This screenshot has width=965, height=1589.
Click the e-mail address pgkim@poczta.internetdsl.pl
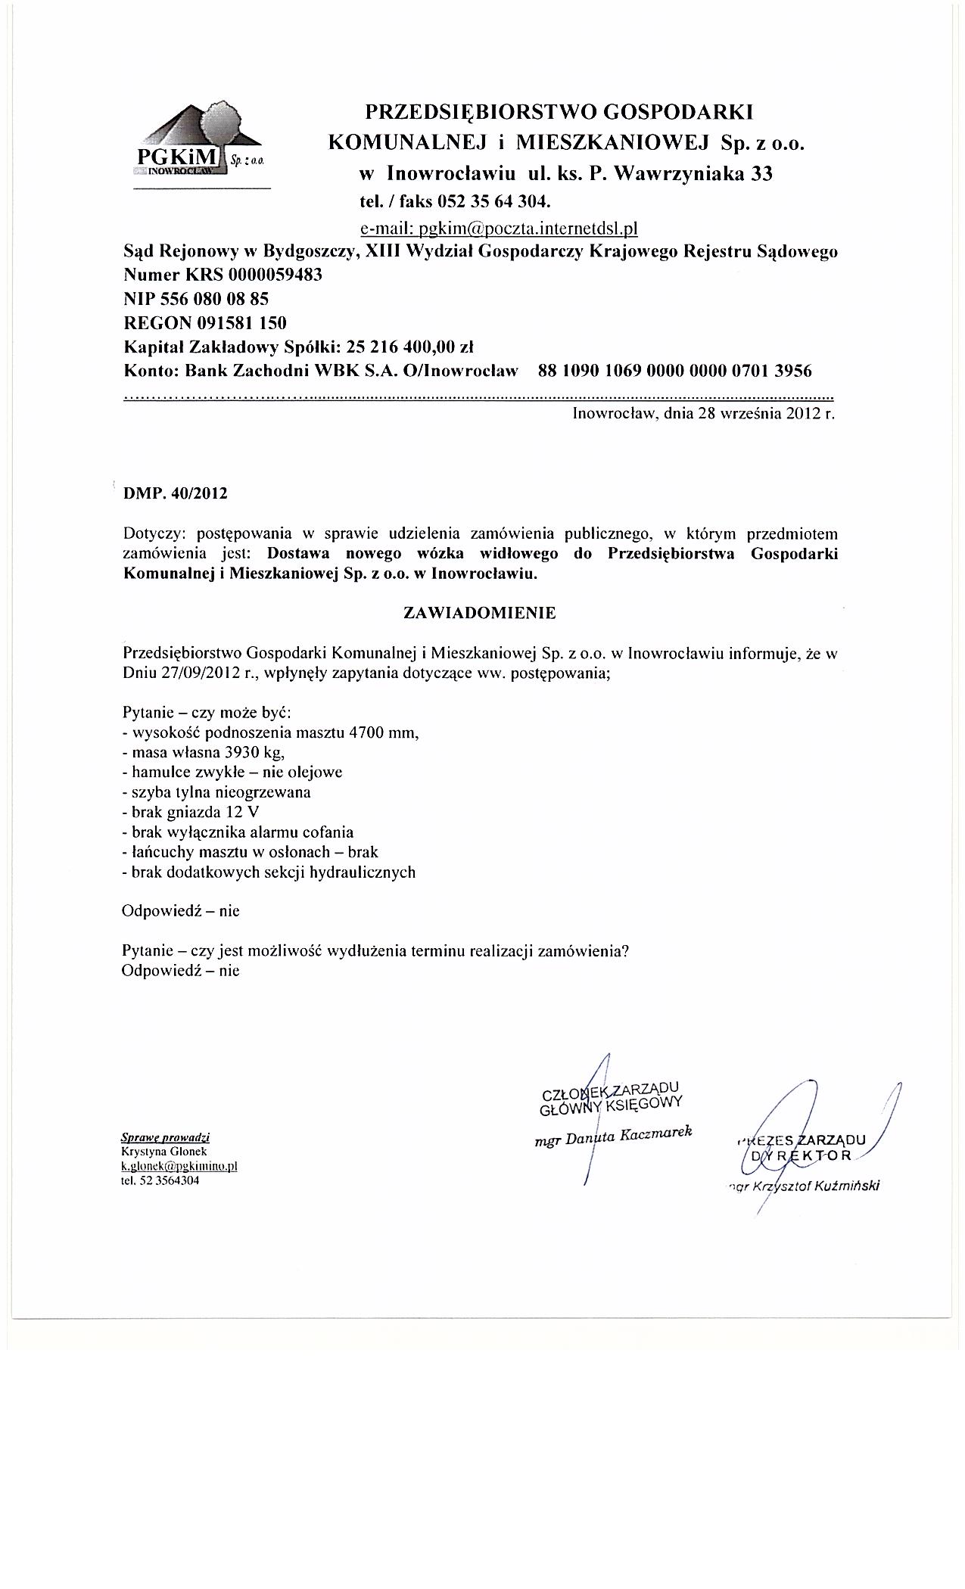pos(499,228)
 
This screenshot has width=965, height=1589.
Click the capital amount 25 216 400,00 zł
pos(409,347)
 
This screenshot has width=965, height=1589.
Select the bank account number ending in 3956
pos(674,371)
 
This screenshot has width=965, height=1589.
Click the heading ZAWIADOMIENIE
pos(480,613)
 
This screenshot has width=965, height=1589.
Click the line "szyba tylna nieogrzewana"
pos(216,792)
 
